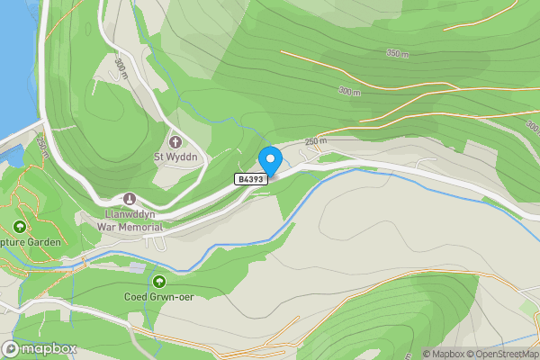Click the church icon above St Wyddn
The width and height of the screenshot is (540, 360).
175,141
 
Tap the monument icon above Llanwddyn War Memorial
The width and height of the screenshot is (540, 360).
130,199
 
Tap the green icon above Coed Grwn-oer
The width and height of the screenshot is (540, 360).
159,282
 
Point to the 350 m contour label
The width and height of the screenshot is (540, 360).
398,54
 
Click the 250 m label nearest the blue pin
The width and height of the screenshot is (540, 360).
315,140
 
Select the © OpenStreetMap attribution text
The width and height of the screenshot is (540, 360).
501,354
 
